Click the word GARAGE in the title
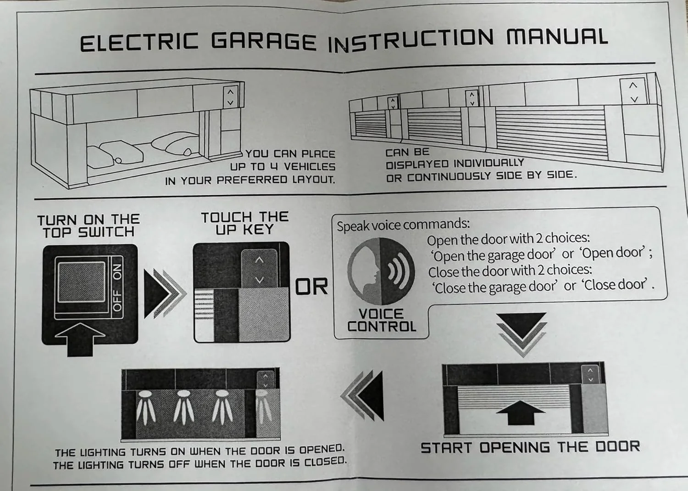tap(264, 41)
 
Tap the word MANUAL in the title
tap(557, 37)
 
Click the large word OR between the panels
tap(311, 287)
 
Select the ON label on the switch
tap(117, 272)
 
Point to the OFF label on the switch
tap(117, 300)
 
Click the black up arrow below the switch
tap(80, 339)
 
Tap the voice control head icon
tap(381, 271)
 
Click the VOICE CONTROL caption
tap(382, 320)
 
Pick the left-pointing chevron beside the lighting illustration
tap(362, 395)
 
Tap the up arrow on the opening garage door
tap(521, 413)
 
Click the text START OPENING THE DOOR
tap(530, 447)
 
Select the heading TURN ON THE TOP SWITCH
tap(89, 226)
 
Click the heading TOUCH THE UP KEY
tap(245, 223)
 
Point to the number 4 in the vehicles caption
tap(274, 167)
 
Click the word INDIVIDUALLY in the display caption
tap(488, 163)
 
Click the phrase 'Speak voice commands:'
tap(403, 225)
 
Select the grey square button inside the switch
tap(82, 282)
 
